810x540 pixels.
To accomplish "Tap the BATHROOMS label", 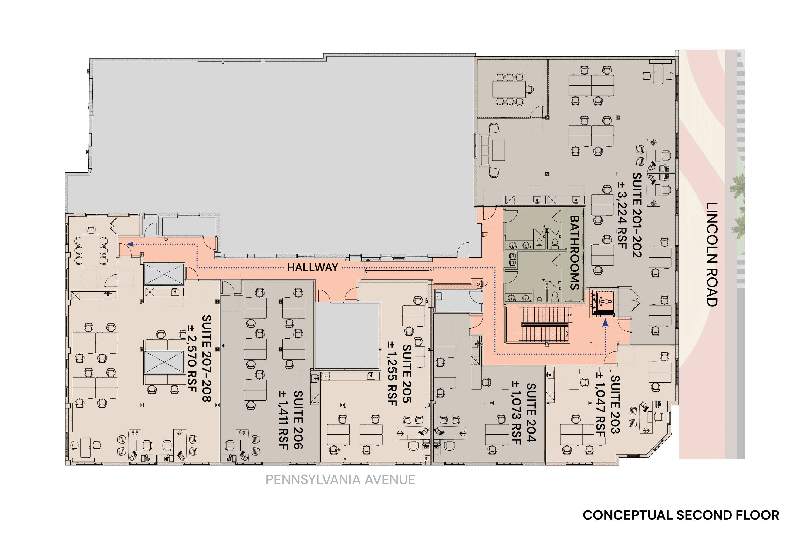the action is [x=574, y=252].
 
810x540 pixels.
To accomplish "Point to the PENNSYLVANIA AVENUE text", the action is [x=340, y=479].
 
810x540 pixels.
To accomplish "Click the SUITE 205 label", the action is [x=407, y=374].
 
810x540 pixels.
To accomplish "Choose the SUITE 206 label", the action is [x=298, y=420].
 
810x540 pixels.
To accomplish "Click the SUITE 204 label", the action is [x=531, y=412].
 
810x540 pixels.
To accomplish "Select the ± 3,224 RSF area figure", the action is [x=622, y=214].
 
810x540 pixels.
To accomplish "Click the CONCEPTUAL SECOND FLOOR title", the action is [x=681, y=515].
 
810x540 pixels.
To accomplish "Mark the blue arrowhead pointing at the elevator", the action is [x=605, y=323].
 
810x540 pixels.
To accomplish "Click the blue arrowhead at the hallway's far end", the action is [x=130, y=244].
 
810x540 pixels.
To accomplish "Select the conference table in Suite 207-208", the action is [x=91, y=250].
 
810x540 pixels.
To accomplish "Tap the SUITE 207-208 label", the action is [x=207, y=358].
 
